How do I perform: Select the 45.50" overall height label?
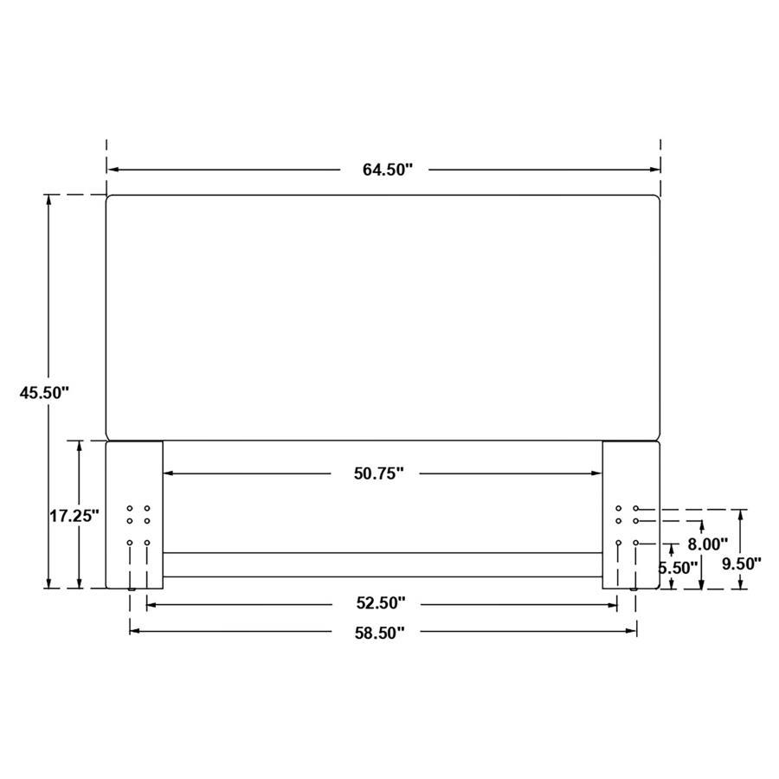[x=44, y=392]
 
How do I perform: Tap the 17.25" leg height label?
[x=74, y=516]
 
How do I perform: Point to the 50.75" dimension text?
[x=378, y=473]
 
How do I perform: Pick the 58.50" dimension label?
[x=379, y=633]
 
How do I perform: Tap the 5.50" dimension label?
[x=679, y=569]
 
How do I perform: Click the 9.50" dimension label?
[x=742, y=563]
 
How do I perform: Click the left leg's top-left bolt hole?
[x=130, y=509]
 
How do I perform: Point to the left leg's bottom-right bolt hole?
[x=147, y=543]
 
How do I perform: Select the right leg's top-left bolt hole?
[x=619, y=509]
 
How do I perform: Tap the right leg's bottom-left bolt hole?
[x=619, y=543]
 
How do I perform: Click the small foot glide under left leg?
[x=132, y=590]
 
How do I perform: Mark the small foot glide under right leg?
[x=636, y=590]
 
